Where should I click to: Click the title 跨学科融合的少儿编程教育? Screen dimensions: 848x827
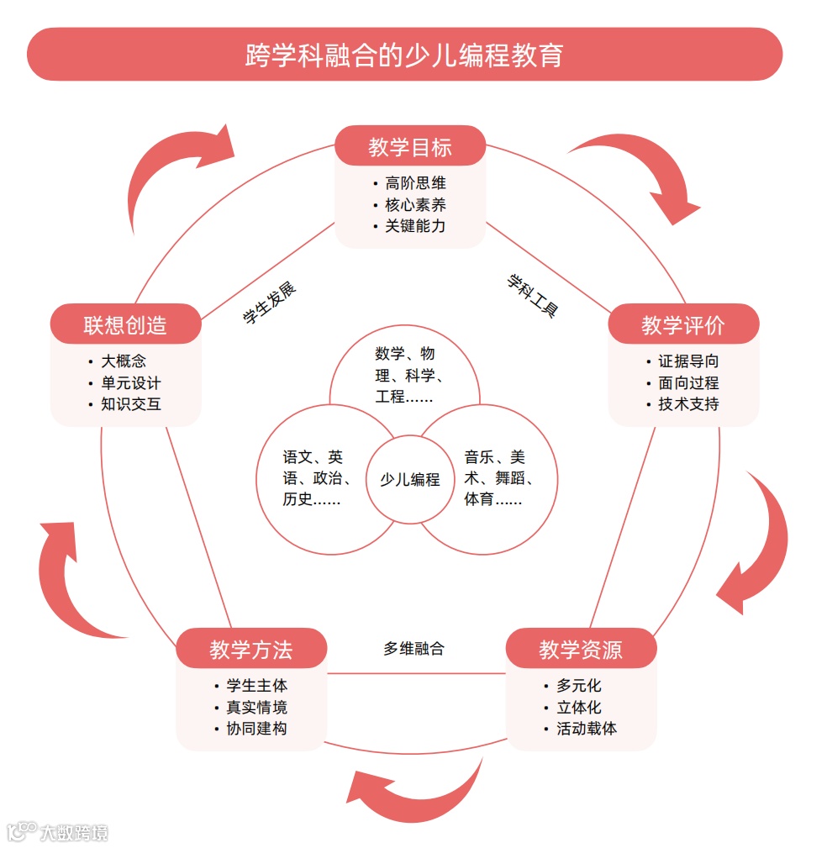pyautogui.click(x=404, y=55)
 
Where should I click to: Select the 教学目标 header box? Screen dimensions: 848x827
pyautogui.click(x=410, y=146)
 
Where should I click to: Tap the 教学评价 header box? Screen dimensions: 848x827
pyautogui.click(x=682, y=324)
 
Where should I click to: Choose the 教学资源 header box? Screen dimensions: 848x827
pyautogui.click(x=580, y=649)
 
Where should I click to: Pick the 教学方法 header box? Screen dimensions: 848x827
pyautogui.click(x=250, y=649)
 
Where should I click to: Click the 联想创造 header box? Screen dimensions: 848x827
pyautogui.click(x=125, y=324)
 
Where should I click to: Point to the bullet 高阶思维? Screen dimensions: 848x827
pyautogui.click(x=415, y=183)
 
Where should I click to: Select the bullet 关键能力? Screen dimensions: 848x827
pyautogui.click(x=415, y=226)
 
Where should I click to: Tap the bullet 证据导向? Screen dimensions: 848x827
pyautogui.click(x=687, y=361)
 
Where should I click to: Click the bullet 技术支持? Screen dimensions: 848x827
pyautogui.click(x=687, y=404)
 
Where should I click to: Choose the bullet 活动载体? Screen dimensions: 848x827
pyautogui.click(x=586, y=729)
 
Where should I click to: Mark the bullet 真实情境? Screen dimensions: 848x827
pyautogui.click(x=256, y=708)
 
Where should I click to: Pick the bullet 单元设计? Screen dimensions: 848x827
pyautogui.click(x=130, y=383)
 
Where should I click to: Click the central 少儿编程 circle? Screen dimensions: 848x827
pyautogui.click(x=409, y=480)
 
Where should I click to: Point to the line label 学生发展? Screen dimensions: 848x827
pyautogui.click(x=269, y=303)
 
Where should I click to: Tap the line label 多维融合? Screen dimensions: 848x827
pyautogui.click(x=413, y=649)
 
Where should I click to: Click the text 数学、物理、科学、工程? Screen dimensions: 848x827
pyautogui.click(x=405, y=375)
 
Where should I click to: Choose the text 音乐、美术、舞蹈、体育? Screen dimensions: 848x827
pyautogui.click(x=498, y=479)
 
